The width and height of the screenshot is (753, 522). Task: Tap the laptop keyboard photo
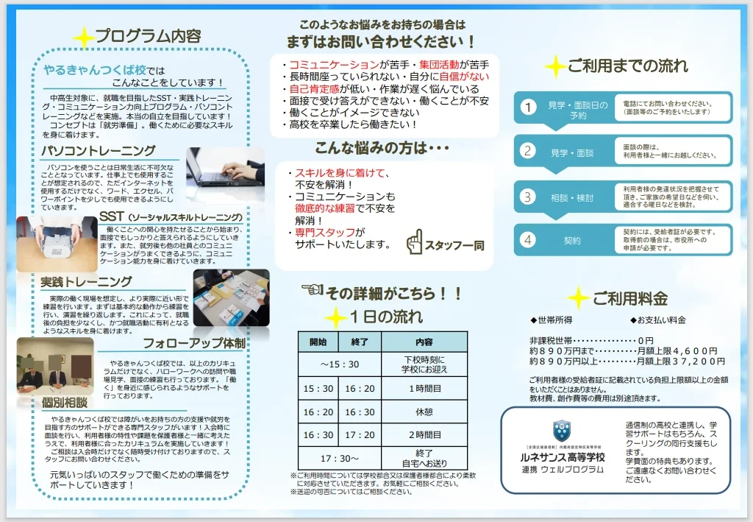224,166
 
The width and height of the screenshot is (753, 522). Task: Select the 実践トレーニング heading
86,281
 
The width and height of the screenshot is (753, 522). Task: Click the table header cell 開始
318,342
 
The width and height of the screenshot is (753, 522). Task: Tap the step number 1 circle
527,108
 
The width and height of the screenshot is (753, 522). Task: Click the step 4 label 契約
572,240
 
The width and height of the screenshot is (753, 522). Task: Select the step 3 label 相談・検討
572,197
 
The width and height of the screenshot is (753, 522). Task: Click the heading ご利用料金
629,298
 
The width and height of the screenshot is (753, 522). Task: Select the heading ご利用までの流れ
627,66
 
